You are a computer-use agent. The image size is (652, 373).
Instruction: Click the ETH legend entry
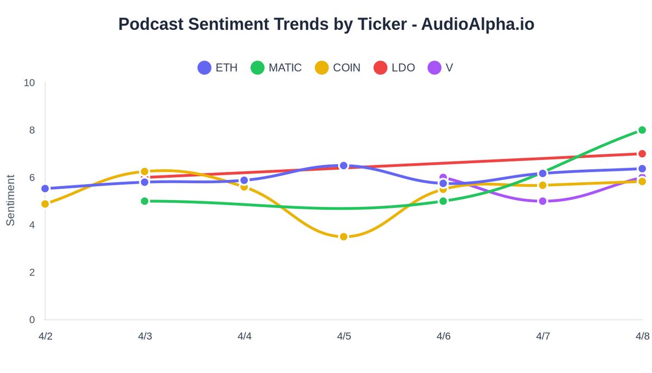click(x=217, y=68)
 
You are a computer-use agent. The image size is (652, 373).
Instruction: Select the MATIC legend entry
click(x=276, y=68)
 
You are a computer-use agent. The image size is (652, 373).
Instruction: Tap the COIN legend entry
click(x=338, y=68)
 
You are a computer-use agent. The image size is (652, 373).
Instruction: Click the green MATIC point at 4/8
click(x=642, y=130)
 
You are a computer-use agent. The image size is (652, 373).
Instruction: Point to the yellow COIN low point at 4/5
click(x=343, y=237)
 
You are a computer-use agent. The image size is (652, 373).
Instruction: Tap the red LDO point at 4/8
click(x=642, y=154)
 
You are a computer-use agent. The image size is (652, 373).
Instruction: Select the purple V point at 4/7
click(x=542, y=201)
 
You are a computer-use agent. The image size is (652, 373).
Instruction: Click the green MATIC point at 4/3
click(x=145, y=201)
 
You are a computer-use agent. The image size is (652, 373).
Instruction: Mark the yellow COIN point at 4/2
click(x=45, y=204)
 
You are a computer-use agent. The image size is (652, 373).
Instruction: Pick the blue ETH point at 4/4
click(x=244, y=181)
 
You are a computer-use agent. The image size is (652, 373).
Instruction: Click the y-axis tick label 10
click(x=29, y=83)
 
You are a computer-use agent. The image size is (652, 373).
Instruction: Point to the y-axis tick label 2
click(x=32, y=272)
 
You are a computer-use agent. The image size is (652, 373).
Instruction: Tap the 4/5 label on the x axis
click(x=343, y=337)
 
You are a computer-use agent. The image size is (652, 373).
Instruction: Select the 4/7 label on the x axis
click(x=542, y=337)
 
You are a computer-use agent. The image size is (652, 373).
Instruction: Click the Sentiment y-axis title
click(x=10, y=200)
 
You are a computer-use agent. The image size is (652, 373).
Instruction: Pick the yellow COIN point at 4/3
click(x=145, y=172)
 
